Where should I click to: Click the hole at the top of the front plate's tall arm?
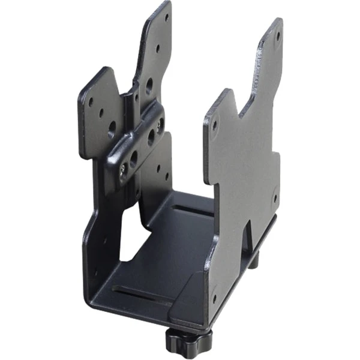pos(278,35)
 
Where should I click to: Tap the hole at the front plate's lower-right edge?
pos(275,199)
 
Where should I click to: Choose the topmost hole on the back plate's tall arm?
pos(167,17)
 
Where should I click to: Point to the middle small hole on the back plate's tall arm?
pos(158,49)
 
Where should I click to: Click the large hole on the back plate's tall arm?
pos(149,85)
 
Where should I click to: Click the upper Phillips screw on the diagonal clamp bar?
pos(160,124)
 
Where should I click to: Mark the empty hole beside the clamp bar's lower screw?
pos(133,158)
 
